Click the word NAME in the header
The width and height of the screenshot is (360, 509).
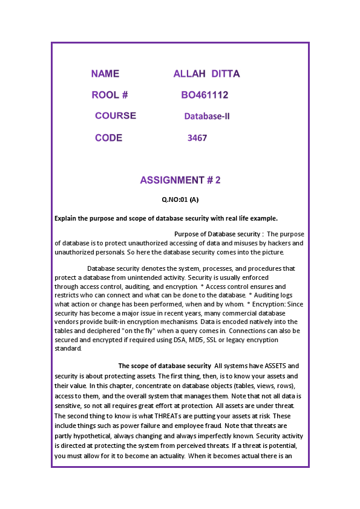(x=105, y=74)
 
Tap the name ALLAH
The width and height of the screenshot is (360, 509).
(x=189, y=74)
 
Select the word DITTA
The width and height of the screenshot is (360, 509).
(x=226, y=74)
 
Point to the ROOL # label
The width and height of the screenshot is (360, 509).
(x=110, y=95)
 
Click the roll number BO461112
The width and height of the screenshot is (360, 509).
(x=205, y=95)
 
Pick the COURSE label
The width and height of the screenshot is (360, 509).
(x=116, y=115)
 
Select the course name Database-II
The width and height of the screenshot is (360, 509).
(x=207, y=116)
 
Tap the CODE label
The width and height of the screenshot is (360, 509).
(x=108, y=138)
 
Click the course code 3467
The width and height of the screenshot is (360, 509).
(x=197, y=138)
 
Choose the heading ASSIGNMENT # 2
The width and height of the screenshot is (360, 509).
(x=180, y=180)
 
